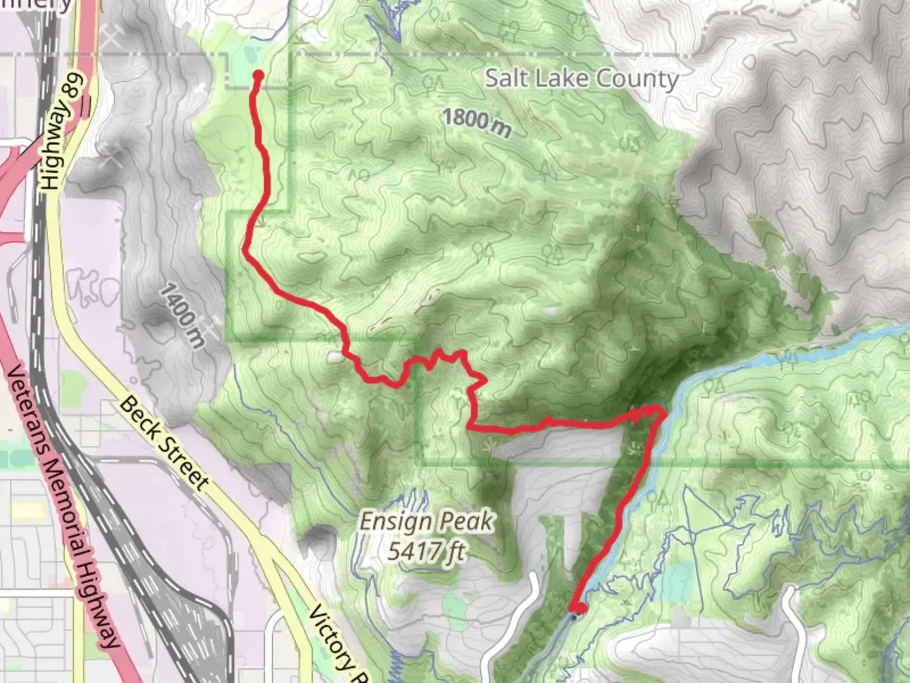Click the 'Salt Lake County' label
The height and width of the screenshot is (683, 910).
click(x=581, y=79)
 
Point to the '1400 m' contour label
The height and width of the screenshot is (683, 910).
click(x=182, y=316)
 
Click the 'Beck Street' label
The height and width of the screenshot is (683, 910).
click(x=164, y=443)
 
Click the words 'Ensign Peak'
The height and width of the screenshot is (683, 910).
click(x=427, y=522)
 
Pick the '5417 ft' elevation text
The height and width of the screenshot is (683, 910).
click(x=427, y=551)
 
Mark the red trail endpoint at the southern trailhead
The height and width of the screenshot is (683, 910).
click(x=578, y=608)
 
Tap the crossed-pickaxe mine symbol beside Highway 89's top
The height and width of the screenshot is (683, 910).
click(x=112, y=39)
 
